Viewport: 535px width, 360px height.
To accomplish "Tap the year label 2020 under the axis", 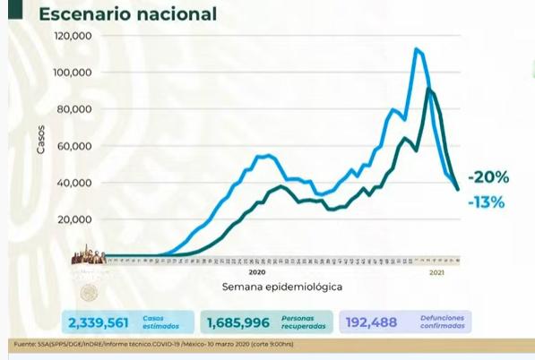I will click(257, 272).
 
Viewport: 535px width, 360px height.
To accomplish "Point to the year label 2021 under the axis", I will click(437, 272).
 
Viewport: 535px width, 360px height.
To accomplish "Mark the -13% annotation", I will click(485, 202).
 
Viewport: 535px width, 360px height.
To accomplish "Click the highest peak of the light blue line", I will click(417, 48).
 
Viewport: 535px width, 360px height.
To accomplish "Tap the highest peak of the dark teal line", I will click(430, 90).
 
